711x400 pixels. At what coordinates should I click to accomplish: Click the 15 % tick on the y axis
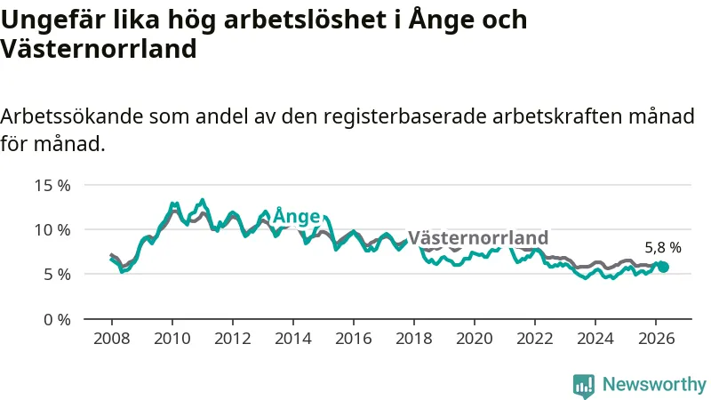(52, 186)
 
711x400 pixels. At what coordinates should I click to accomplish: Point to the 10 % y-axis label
(52, 230)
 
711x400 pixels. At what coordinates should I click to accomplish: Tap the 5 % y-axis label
(57, 275)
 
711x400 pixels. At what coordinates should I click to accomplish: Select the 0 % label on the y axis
(57, 320)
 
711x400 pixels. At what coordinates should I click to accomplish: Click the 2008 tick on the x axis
(112, 339)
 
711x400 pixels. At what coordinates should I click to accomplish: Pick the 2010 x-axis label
(172, 339)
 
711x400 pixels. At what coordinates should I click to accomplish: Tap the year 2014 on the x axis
(293, 339)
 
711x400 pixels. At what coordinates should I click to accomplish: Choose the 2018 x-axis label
(414, 339)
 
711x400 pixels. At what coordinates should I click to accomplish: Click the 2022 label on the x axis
(535, 339)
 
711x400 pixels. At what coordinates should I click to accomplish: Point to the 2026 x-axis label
(656, 339)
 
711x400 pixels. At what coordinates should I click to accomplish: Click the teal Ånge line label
(297, 216)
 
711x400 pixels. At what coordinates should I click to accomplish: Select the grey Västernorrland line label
(478, 237)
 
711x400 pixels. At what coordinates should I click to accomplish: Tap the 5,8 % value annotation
(663, 248)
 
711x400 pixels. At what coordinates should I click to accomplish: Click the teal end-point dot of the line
(663, 268)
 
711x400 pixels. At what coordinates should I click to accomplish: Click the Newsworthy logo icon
(584, 386)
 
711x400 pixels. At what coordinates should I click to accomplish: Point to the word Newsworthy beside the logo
(654, 384)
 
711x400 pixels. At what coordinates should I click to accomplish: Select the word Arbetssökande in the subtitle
(72, 116)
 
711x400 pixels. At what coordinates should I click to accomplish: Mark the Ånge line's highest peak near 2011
(203, 200)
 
